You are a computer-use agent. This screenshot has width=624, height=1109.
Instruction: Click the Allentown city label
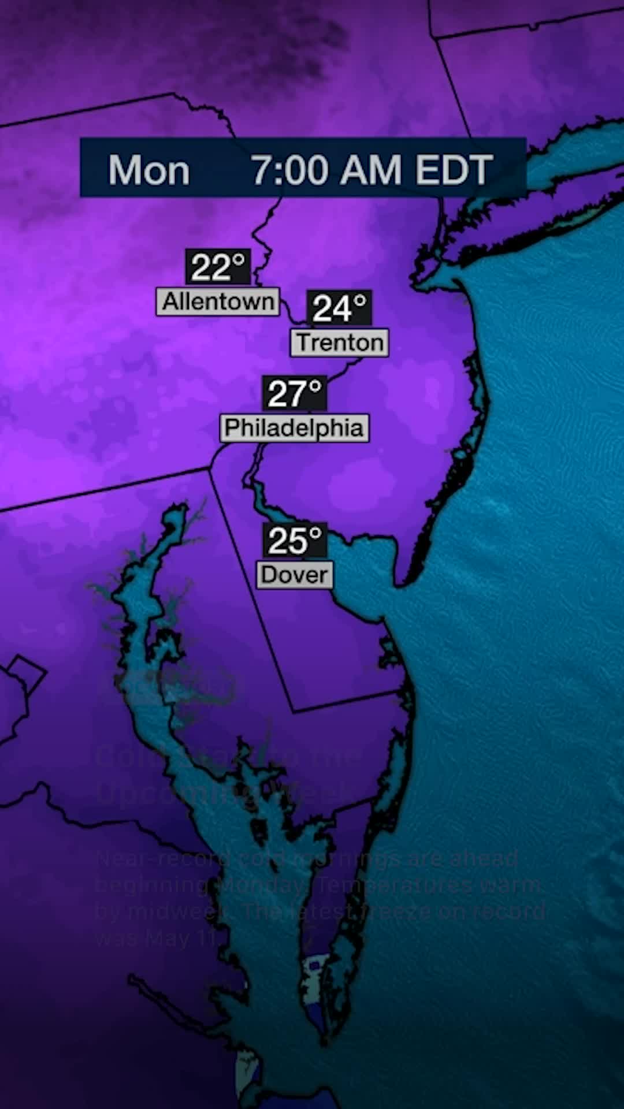coord(218,302)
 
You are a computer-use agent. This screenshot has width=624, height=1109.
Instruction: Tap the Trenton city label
coord(340,343)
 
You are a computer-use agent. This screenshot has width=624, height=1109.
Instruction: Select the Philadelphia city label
coord(294,428)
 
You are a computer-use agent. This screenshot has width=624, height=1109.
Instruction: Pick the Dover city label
coord(295,575)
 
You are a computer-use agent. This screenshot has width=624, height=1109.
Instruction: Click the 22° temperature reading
coord(218,267)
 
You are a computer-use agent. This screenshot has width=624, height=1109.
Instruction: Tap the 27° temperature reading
coord(295,393)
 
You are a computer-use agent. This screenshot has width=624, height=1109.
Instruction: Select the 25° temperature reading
coord(295,540)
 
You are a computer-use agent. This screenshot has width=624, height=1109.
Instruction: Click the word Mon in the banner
coord(149,170)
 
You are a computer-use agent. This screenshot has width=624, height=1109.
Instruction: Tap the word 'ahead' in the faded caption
coord(491,859)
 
